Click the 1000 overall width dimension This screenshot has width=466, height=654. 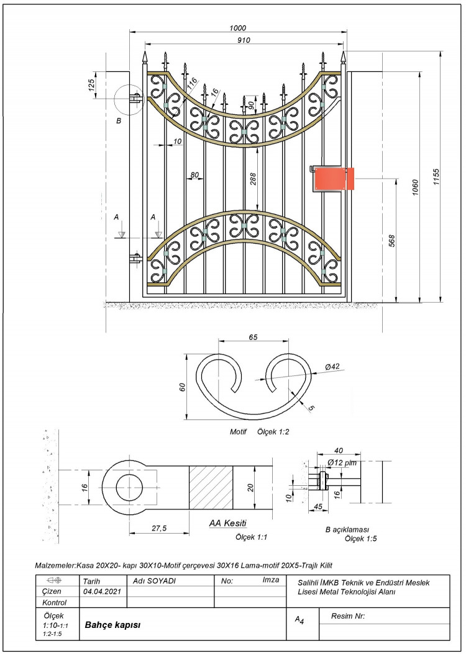[x=237, y=28]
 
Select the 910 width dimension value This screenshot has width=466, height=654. [x=244, y=40]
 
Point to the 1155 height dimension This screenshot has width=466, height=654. [x=436, y=177]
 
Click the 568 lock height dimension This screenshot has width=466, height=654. [x=391, y=241]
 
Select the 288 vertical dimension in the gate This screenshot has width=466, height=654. [x=253, y=179]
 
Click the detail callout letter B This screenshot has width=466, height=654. [x=119, y=121]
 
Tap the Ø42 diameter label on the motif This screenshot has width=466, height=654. [x=332, y=367]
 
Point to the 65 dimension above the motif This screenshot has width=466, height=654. [x=253, y=337]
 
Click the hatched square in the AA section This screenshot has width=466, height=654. [x=211, y=487]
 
